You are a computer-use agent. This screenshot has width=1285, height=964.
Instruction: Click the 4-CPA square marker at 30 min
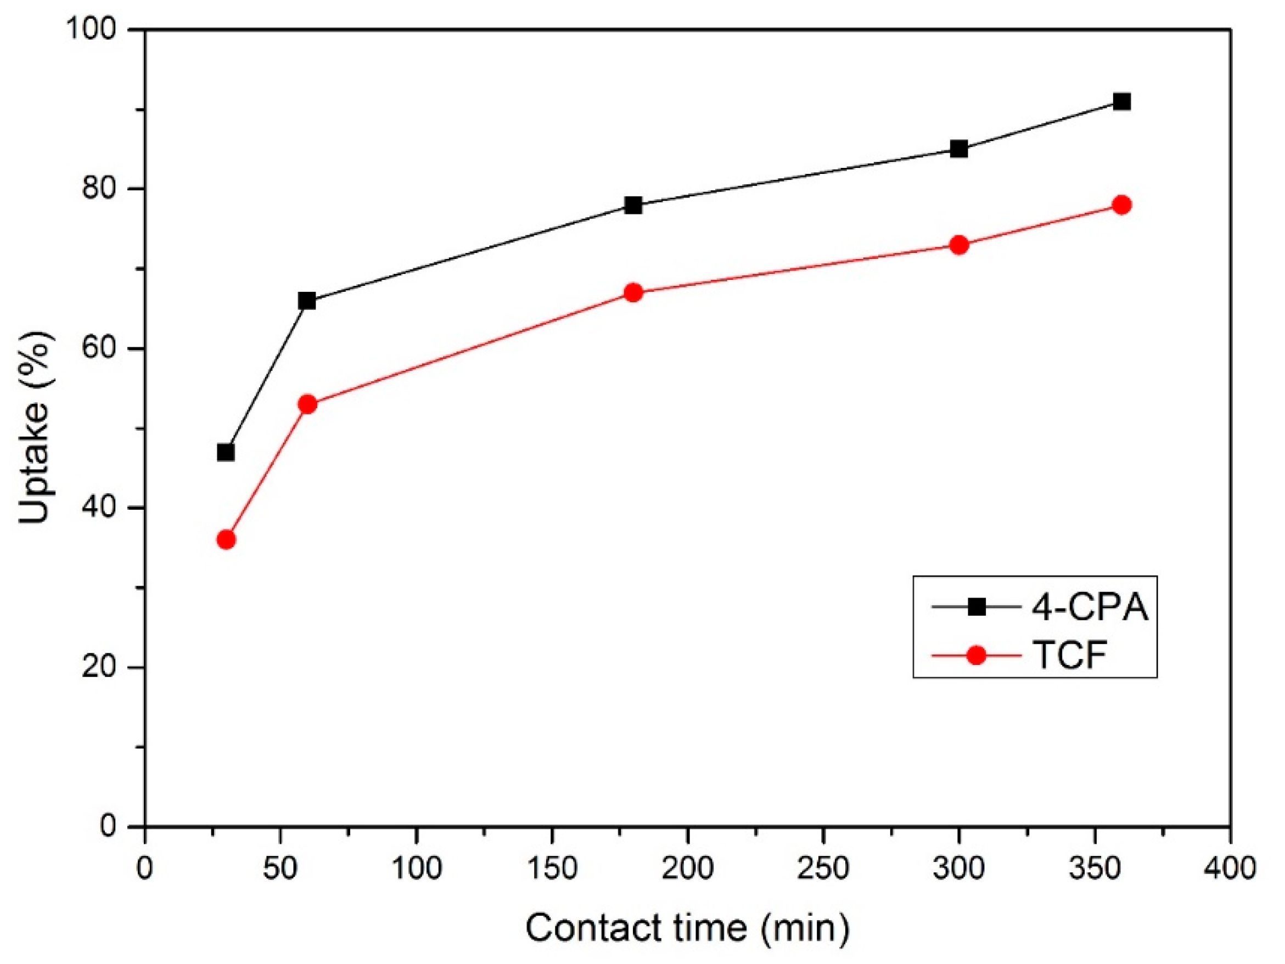point(226,453)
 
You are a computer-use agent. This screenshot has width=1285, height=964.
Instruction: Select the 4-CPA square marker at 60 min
point(307,301)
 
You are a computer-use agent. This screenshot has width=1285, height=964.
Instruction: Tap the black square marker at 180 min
point(633,205)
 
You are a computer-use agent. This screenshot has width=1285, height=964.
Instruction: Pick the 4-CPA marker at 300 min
point(959,149)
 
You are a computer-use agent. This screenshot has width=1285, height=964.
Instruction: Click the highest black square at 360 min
point(1122,102)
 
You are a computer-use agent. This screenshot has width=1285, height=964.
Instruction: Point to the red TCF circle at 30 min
point(226,540)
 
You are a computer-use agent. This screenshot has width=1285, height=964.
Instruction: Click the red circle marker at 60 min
point(307,404)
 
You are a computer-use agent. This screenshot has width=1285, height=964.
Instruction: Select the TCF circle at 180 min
point(633,292)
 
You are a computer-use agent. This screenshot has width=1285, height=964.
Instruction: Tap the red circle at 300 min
point(959,245)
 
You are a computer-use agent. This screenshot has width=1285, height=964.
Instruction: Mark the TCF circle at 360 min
point(1122,205)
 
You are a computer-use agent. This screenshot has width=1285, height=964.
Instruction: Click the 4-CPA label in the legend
point(1090,608)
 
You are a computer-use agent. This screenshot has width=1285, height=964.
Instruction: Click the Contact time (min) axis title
point(687,928)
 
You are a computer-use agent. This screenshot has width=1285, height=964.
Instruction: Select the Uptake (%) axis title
point(36,428)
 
